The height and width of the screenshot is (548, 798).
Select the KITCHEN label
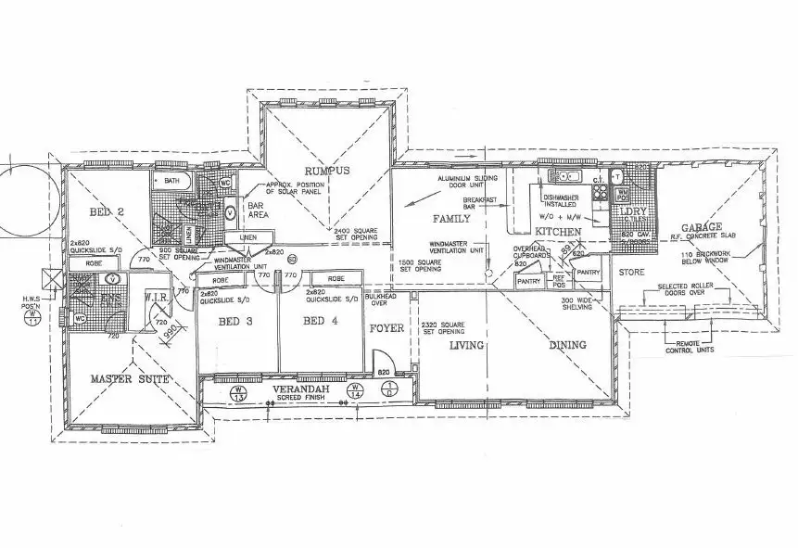[x=558, y=231]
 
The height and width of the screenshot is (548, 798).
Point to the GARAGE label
[x=702, y=227]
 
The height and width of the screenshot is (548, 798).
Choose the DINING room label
[x=566, y=345]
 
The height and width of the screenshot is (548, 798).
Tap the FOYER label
[x=386, y=328]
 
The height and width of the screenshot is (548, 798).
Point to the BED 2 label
[x=109, y=213]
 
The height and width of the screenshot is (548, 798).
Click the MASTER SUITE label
[x=129, y=379]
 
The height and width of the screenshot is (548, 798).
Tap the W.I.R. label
[x=155, y=298]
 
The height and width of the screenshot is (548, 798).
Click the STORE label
[x=631, y=273]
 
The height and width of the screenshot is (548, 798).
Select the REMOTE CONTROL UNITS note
[x=694, y=348]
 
